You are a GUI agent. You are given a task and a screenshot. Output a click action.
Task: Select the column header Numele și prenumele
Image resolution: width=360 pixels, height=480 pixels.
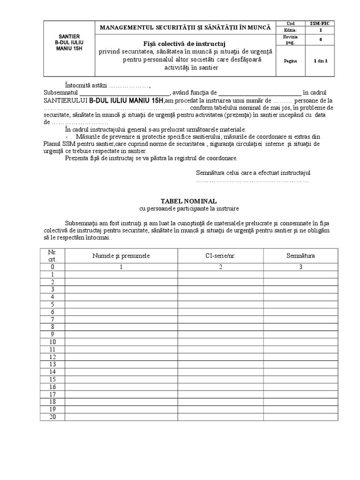coord(121,256)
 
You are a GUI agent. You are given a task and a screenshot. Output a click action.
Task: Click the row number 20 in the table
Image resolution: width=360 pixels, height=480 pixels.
coord(53,417)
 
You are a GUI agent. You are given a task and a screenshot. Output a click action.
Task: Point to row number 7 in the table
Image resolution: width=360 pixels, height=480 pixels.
coord(53,319)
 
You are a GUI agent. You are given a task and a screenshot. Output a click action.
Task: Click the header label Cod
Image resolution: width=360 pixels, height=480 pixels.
coord(291,23)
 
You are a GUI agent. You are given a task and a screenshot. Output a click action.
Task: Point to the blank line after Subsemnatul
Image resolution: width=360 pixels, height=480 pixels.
coord(116,93)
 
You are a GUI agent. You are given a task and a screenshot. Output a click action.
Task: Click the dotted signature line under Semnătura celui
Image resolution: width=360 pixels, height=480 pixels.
coord(252,180)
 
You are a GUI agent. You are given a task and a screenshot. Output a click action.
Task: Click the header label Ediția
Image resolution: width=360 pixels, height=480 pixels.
coord(291,30)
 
